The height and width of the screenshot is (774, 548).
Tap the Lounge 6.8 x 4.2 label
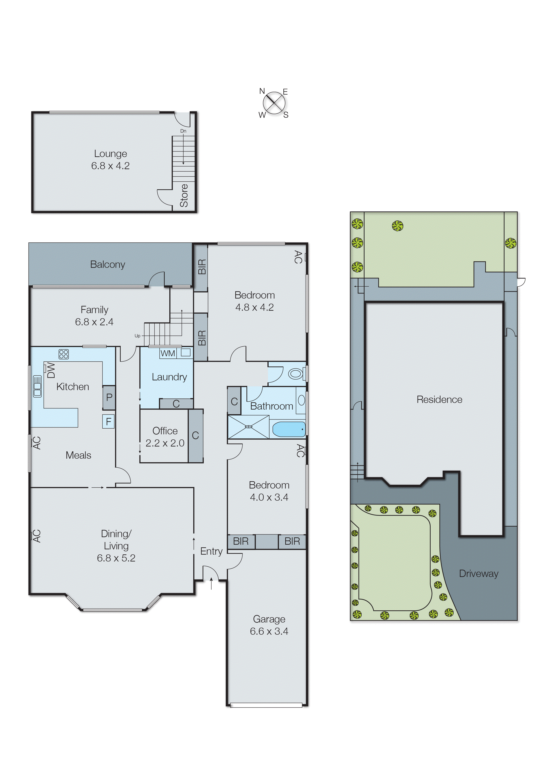[x=110, y=160]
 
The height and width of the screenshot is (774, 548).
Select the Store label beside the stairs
[x=184, y=195]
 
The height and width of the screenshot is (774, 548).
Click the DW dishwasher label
[x=51, y=370]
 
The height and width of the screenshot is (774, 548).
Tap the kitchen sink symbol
[x=37, y=386]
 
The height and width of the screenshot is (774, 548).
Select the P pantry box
[x=109, y=397]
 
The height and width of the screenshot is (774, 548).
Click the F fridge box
[x=108, y=421]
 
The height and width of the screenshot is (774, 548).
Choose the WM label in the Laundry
[x=168, y=353]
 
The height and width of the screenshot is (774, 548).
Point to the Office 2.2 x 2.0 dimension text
[x=165, y=443]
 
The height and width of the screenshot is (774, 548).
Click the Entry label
[x=211, y=551]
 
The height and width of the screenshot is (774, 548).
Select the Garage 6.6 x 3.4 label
[x=269, y=625]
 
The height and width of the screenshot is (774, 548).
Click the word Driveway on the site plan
[x=479, y=573]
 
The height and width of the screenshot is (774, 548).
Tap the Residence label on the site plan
[x=439, y=399]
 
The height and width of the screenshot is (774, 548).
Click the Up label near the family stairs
[x=137, y=336]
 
